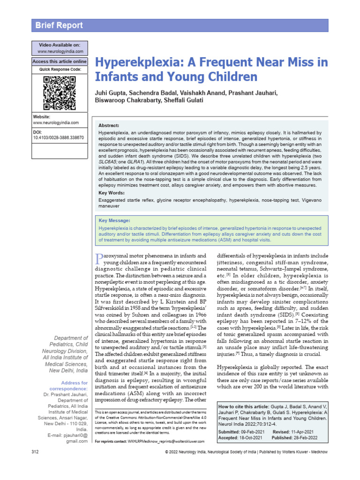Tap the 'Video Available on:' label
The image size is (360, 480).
coord(60,45)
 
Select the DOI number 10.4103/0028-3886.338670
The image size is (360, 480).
coord(58,138)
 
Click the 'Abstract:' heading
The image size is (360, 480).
coord(109,126)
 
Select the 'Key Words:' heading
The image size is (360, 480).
coord(112,193)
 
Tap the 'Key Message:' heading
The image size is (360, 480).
coord(114,220)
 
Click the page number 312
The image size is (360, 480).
coord(35,464)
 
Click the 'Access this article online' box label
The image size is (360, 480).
coord(60,61)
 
